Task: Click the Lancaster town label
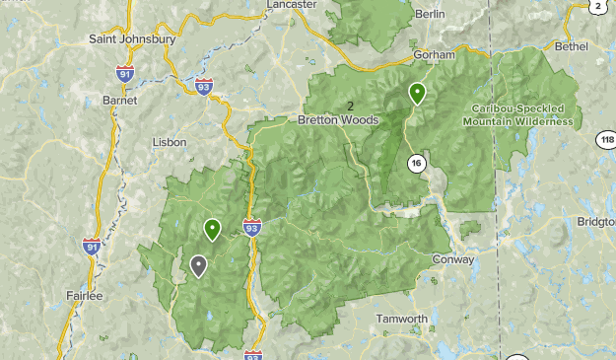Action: tap(292, 5)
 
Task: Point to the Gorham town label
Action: tap(434, 54)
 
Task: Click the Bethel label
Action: tap(572, 45)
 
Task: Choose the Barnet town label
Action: tap(119, 100)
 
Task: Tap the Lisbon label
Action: tap(170, 142)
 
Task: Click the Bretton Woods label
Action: tap(338, 120)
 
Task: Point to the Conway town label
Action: tap(453, 260)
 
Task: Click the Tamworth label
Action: tap(402, 319)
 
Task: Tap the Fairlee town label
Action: tap(83, 295)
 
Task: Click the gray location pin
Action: tap(199, 265)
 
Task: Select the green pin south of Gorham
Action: tap(418, 93)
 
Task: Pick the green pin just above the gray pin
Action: tap(212, 229)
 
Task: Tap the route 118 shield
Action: tap(606, 141)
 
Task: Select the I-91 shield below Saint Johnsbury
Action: tap(124, 73)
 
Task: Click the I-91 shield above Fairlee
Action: tap(92, 247)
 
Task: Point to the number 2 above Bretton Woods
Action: tap(350, 106)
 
